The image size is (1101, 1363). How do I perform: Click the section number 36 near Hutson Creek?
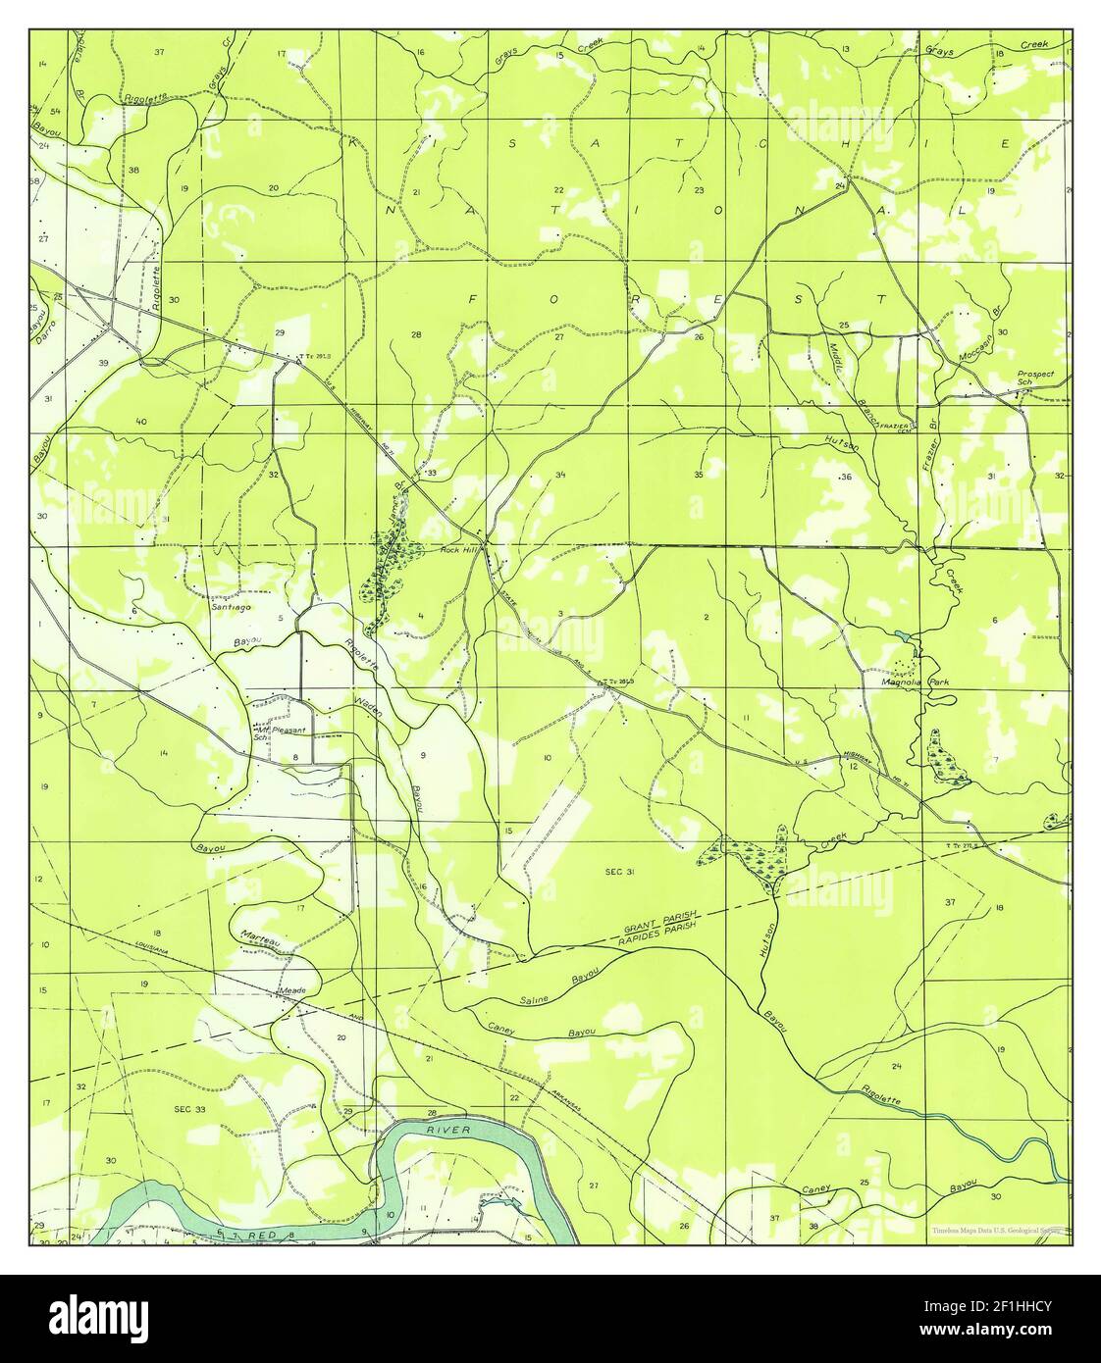pyautogui.click(x=847, y=477)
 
